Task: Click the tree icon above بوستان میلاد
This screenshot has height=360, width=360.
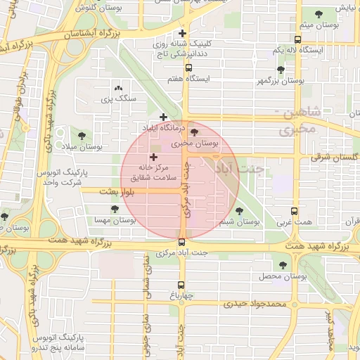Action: click(82, 135)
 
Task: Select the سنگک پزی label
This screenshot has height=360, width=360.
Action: click(117, 100)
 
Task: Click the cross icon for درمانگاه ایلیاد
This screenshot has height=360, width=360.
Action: click(164, 117)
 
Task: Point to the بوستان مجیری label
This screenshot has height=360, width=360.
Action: click(192, 143)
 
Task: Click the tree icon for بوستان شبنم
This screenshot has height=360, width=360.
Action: click(239, 210)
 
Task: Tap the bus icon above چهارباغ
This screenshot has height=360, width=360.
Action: click(181, 285)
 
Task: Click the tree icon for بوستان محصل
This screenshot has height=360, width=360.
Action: click(283, 265)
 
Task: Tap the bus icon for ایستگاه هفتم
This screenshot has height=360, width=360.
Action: click(188, 67)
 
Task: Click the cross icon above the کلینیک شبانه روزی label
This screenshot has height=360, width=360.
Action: click(183, 33)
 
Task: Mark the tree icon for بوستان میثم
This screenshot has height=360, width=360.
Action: click(319, 14)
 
